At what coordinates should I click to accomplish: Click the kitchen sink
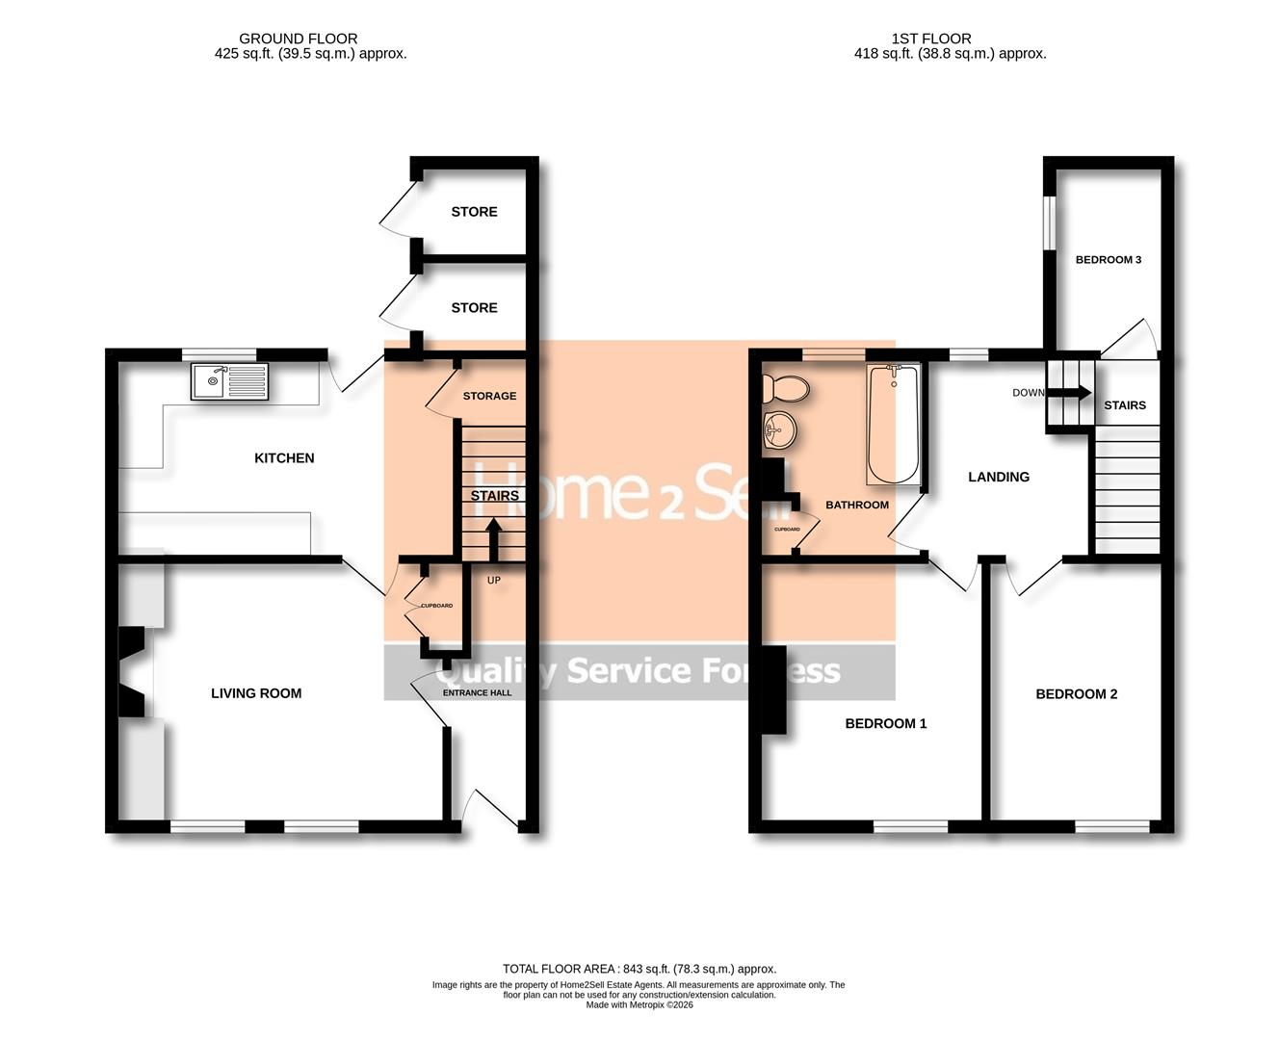(x=229, y=380)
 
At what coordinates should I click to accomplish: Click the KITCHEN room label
(x=284, y=458)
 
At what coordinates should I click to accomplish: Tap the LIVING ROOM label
(x=256, y=693)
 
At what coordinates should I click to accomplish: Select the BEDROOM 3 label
(x=1109, y=260)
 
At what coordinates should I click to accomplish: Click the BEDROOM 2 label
(x=1077, y=694)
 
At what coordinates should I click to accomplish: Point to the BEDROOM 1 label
(x=886, y=723)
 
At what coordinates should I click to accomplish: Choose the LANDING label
(x=999, y=477)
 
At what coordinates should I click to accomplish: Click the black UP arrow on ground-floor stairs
(x=493, y=539)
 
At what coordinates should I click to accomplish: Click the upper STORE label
(x=475, y=212)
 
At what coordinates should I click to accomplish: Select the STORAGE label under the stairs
(x=489, y=396)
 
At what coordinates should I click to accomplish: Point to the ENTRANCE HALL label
(x=477, y=692)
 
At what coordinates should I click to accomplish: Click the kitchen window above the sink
(x=221, y=353)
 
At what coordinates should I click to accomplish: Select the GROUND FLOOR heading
(x=299, y=39)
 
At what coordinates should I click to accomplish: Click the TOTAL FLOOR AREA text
(x=639, y=969)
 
